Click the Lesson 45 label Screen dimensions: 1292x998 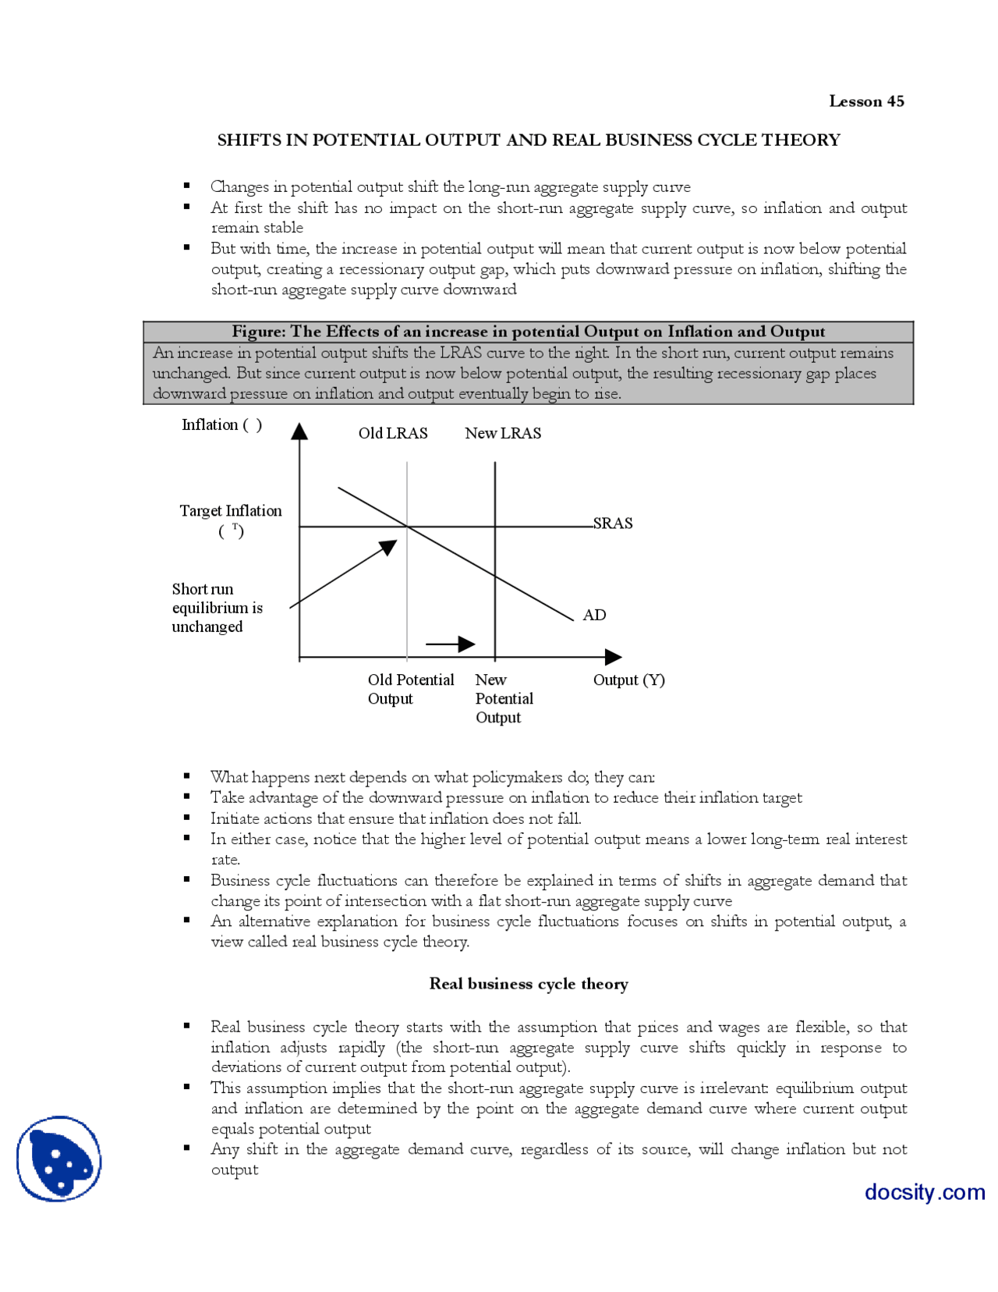tap(865, 101)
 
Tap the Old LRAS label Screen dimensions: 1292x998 tap(393, 433)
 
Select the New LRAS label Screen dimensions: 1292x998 tap(503, 433)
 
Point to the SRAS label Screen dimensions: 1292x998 tap(613, 524)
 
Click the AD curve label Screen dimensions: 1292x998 tap(594, 616)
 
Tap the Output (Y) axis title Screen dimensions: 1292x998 tap(628, 680)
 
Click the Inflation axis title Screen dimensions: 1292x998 tap(221, 425)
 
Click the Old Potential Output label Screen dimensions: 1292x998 tap(410, 689)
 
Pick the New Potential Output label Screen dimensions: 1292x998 tap(504, 698)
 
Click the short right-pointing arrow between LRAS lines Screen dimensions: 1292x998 tap(452, 644)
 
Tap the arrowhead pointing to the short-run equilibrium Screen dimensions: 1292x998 tap(388, 547)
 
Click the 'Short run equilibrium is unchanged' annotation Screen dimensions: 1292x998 tap(217, 608)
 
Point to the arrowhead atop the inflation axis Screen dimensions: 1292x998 tap(299, 431)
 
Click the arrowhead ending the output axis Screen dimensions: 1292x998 tap(613, 658)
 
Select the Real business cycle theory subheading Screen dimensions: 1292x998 tap(529, 984)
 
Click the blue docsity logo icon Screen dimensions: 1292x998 tap(59, 1159)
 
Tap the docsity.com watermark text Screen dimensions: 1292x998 tap(925, 1192)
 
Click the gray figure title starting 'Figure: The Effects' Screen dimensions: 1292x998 tap(528, 332)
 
